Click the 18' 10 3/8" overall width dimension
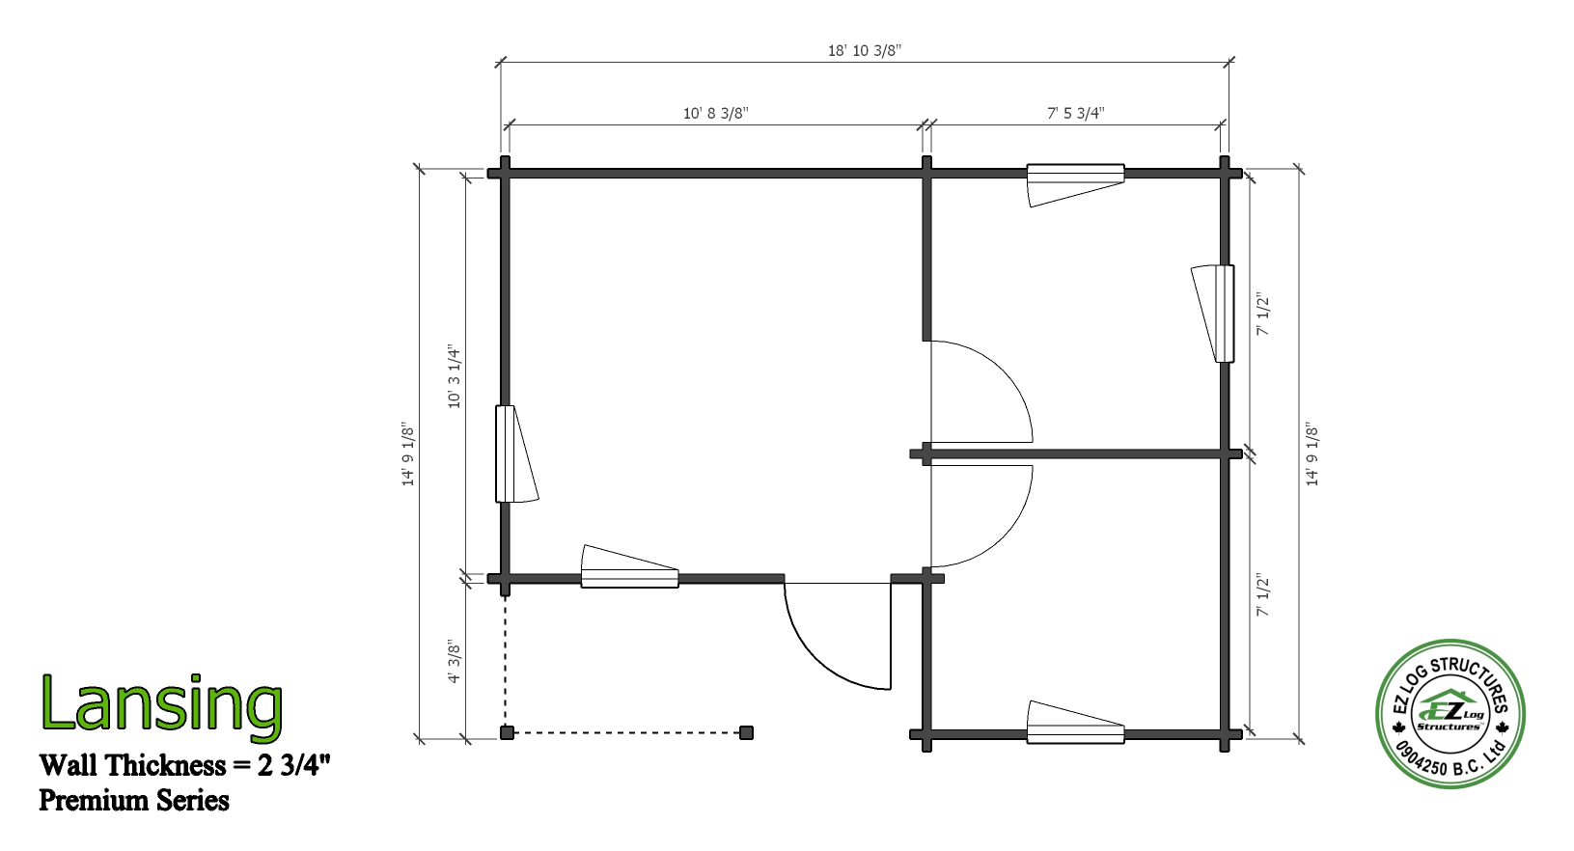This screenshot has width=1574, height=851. click(x=865, y=50)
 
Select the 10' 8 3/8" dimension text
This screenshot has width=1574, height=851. click(x=716, y=113)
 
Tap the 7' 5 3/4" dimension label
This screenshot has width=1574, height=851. click(x=1076, y=113)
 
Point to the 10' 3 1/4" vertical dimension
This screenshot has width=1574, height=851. click(x=454, y=376)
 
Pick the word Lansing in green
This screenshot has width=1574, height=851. click(x=162, y=705)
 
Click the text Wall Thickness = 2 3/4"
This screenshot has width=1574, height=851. click(x=184, y=765)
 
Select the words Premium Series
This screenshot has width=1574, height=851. click(x=134, y=801)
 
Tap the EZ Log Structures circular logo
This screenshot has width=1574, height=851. click(x=1450, y=714)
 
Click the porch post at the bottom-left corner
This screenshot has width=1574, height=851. click(x=507, y=733)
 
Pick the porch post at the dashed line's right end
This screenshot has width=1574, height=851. click(x=746, y=733)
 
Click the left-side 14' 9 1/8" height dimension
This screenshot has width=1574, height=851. click(x=408, y=453)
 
